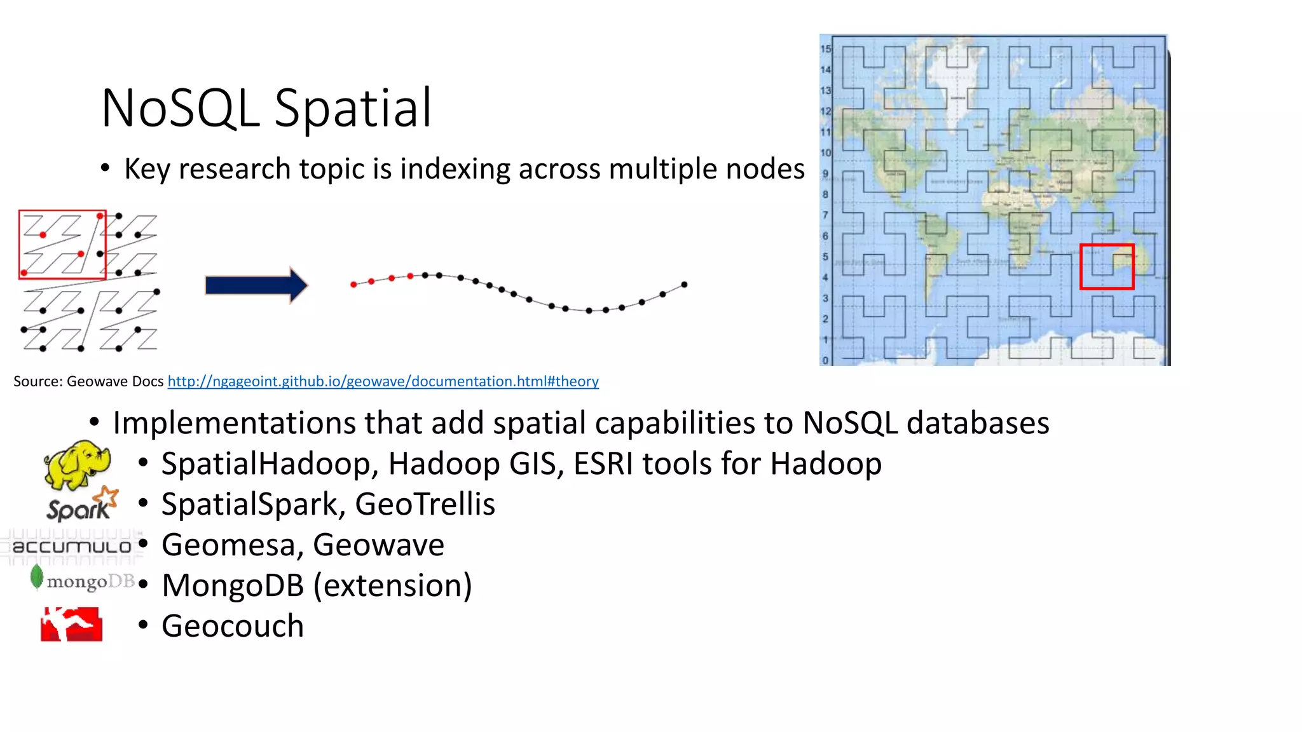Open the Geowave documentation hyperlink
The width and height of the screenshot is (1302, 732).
[x=383, y=381]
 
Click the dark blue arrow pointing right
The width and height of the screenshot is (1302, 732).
[x=256, y=285]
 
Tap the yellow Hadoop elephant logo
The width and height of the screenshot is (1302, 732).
[x=76, y=465]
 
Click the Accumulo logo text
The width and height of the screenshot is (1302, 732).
[x=71, y=546]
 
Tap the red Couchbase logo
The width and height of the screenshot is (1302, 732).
[x=71, y=624]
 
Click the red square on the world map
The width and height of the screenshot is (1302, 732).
[x=1106, y=267]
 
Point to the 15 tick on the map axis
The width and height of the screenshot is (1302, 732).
[x=825, y=49]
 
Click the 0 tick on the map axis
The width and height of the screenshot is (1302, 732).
[x=825, y=360]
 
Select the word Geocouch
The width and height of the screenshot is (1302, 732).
[x=233, y=626]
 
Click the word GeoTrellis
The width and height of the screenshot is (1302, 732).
[x=425, y=505]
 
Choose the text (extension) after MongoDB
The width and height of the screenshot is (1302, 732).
[x=393, y=585]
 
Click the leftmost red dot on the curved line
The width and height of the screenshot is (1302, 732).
[x=353, y=285]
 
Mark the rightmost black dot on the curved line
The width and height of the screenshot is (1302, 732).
[x=684, y=284]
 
